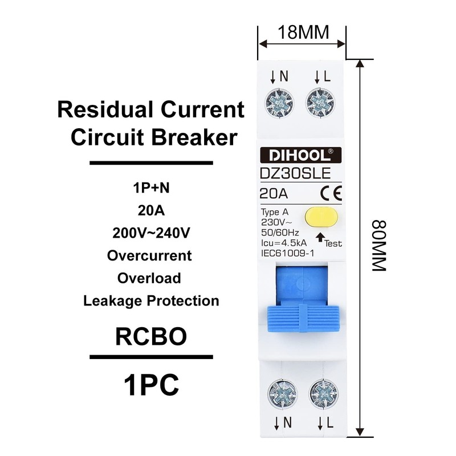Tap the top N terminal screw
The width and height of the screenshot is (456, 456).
[x=279, y=104]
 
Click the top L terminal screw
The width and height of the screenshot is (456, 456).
[x=320, y=104]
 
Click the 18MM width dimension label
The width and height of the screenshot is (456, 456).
[x=303, y=32]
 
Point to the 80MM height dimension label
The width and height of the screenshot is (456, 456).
[x=378, y=246]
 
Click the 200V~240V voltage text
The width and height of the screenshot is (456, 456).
[x=151, y=233]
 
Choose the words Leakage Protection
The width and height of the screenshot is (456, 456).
[x=151, y=300]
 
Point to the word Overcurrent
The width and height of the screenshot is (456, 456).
[x=149, y=255]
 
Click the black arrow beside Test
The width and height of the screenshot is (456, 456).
[x=320, y=236]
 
